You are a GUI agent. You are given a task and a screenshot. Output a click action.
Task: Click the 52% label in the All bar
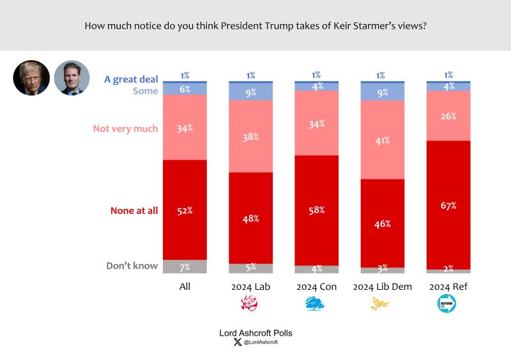(x=185, y=211)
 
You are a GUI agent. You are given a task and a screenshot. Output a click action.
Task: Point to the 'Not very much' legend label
(x=125, y=128)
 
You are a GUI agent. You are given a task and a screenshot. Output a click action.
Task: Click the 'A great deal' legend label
(x=131, y=80)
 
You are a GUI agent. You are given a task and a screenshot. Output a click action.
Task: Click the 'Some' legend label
(x=145, y=91)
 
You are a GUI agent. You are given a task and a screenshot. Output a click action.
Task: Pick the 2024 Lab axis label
(x=251, y=287)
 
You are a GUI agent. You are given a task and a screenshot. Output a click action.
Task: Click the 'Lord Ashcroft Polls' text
(x=255, y=333)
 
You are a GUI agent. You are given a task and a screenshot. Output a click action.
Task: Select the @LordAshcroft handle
(x=259, y=343)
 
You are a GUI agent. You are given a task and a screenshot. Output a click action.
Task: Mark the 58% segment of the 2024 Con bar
(x=316, y=210)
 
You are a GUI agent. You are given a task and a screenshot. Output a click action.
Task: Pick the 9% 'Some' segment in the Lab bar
(x=251, y=92)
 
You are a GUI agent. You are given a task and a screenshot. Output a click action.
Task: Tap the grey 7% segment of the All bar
(x=185, y=266)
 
